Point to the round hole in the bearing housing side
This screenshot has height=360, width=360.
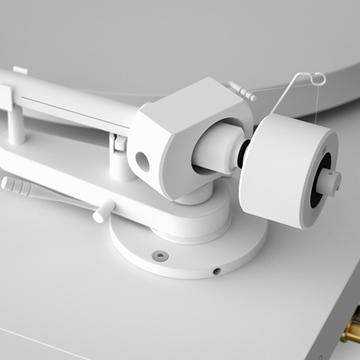(142, 162)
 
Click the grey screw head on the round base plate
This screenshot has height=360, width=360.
(160, 255)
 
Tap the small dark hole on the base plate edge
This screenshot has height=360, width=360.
(217, 271)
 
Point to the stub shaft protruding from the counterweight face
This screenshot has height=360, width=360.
(330, 182)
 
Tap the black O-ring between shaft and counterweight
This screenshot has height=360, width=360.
(242, 155)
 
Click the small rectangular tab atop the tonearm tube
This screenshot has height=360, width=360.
(20, 70)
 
